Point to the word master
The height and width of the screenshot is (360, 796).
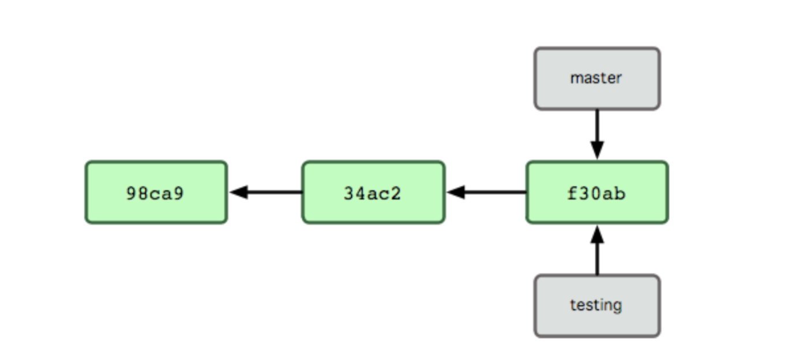coord(596,78)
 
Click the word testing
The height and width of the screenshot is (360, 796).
coord(596,305)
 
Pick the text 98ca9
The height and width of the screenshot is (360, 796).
coord(155,193)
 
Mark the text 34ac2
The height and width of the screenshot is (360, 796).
coord(372,193)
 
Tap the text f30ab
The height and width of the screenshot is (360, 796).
coord(596,193)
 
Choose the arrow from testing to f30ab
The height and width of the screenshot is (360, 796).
coord(597,254)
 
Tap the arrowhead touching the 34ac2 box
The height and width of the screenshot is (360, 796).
coord(456,192)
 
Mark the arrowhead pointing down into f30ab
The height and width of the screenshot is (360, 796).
coord(597,151)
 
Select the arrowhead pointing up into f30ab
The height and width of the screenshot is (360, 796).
coord(597,234)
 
